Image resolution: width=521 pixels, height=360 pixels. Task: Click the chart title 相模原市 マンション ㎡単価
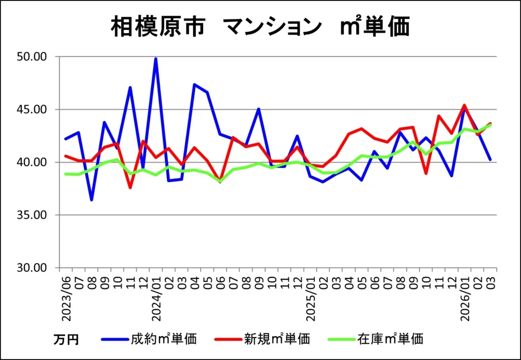[x=260, y=26]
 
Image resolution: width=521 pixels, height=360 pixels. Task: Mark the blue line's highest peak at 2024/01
[x=156, y=59]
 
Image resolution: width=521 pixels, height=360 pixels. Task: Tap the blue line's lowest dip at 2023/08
[x=92, y=199]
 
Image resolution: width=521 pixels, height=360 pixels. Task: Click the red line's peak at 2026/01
[x=465, y=105]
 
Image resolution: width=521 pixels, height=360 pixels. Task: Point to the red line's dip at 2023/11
[x=130, y=188]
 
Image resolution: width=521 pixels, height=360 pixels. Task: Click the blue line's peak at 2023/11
[x=130, y=87]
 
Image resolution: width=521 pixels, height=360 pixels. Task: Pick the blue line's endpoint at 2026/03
[x=490, y=160]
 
